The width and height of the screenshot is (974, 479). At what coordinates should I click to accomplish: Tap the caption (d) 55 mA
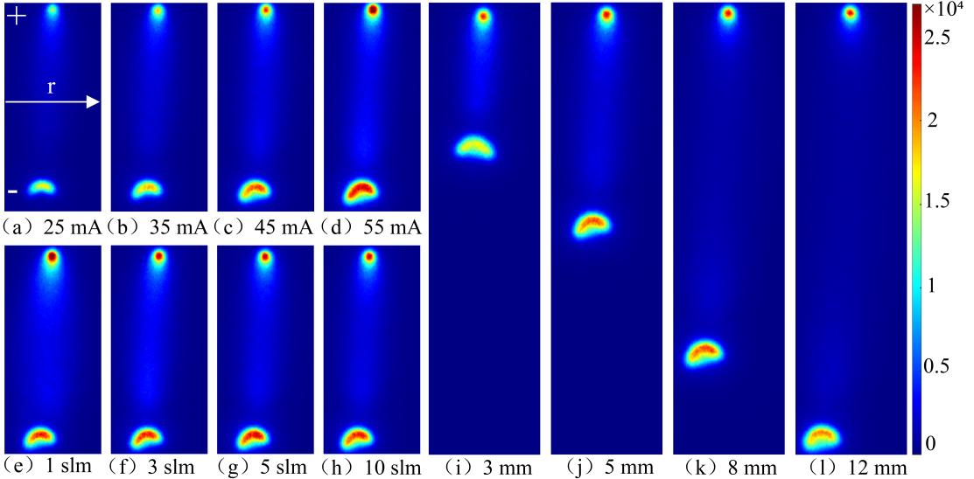(371, 229)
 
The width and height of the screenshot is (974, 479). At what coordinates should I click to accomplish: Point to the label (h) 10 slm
(371, 466)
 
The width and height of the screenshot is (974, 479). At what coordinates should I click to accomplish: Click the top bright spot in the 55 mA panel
(373, 11)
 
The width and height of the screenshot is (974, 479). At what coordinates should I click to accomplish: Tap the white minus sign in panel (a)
(13, 191)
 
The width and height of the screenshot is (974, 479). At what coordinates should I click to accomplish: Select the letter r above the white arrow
(52, 88)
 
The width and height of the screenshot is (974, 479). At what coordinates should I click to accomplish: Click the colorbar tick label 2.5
(939, 38)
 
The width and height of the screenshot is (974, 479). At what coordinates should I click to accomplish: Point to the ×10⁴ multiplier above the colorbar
(948, 10)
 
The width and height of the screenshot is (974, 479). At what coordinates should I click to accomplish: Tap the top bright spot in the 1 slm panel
(52, 257)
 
